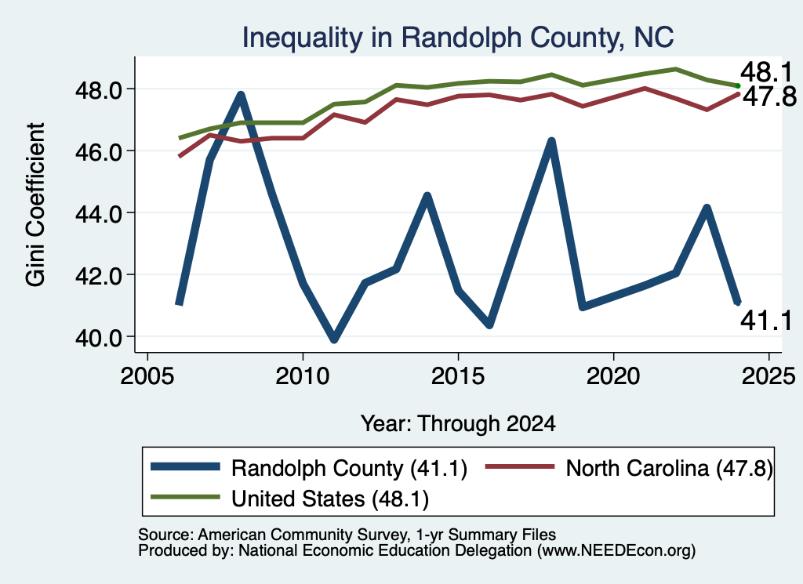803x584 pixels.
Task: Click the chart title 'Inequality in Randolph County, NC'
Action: point(457,38)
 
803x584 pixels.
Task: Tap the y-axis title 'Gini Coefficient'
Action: point(35,205)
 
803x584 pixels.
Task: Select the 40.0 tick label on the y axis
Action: point(98,338)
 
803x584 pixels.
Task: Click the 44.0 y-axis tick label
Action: point(98,214)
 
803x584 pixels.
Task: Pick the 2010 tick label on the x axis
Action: point(303,376)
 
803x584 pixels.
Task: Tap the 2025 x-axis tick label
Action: point(768,376)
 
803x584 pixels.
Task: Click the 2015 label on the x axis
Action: point(458,376)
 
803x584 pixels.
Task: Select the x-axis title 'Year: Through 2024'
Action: point(458,424)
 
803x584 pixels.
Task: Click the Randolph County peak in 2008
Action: point(240,95)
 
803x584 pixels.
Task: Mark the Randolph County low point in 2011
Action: point(334,339)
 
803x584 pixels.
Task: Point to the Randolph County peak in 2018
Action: point(551,142)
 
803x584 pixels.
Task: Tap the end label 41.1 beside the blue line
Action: point(766,321)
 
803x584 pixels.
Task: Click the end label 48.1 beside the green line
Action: point(766,72)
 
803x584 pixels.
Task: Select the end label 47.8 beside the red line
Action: point(769,96)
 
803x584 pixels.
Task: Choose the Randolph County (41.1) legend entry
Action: point(309,468)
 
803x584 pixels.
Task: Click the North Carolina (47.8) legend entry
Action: point(629,468)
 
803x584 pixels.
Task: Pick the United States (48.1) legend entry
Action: point(290,499)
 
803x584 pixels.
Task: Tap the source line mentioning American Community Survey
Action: point(347,535)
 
